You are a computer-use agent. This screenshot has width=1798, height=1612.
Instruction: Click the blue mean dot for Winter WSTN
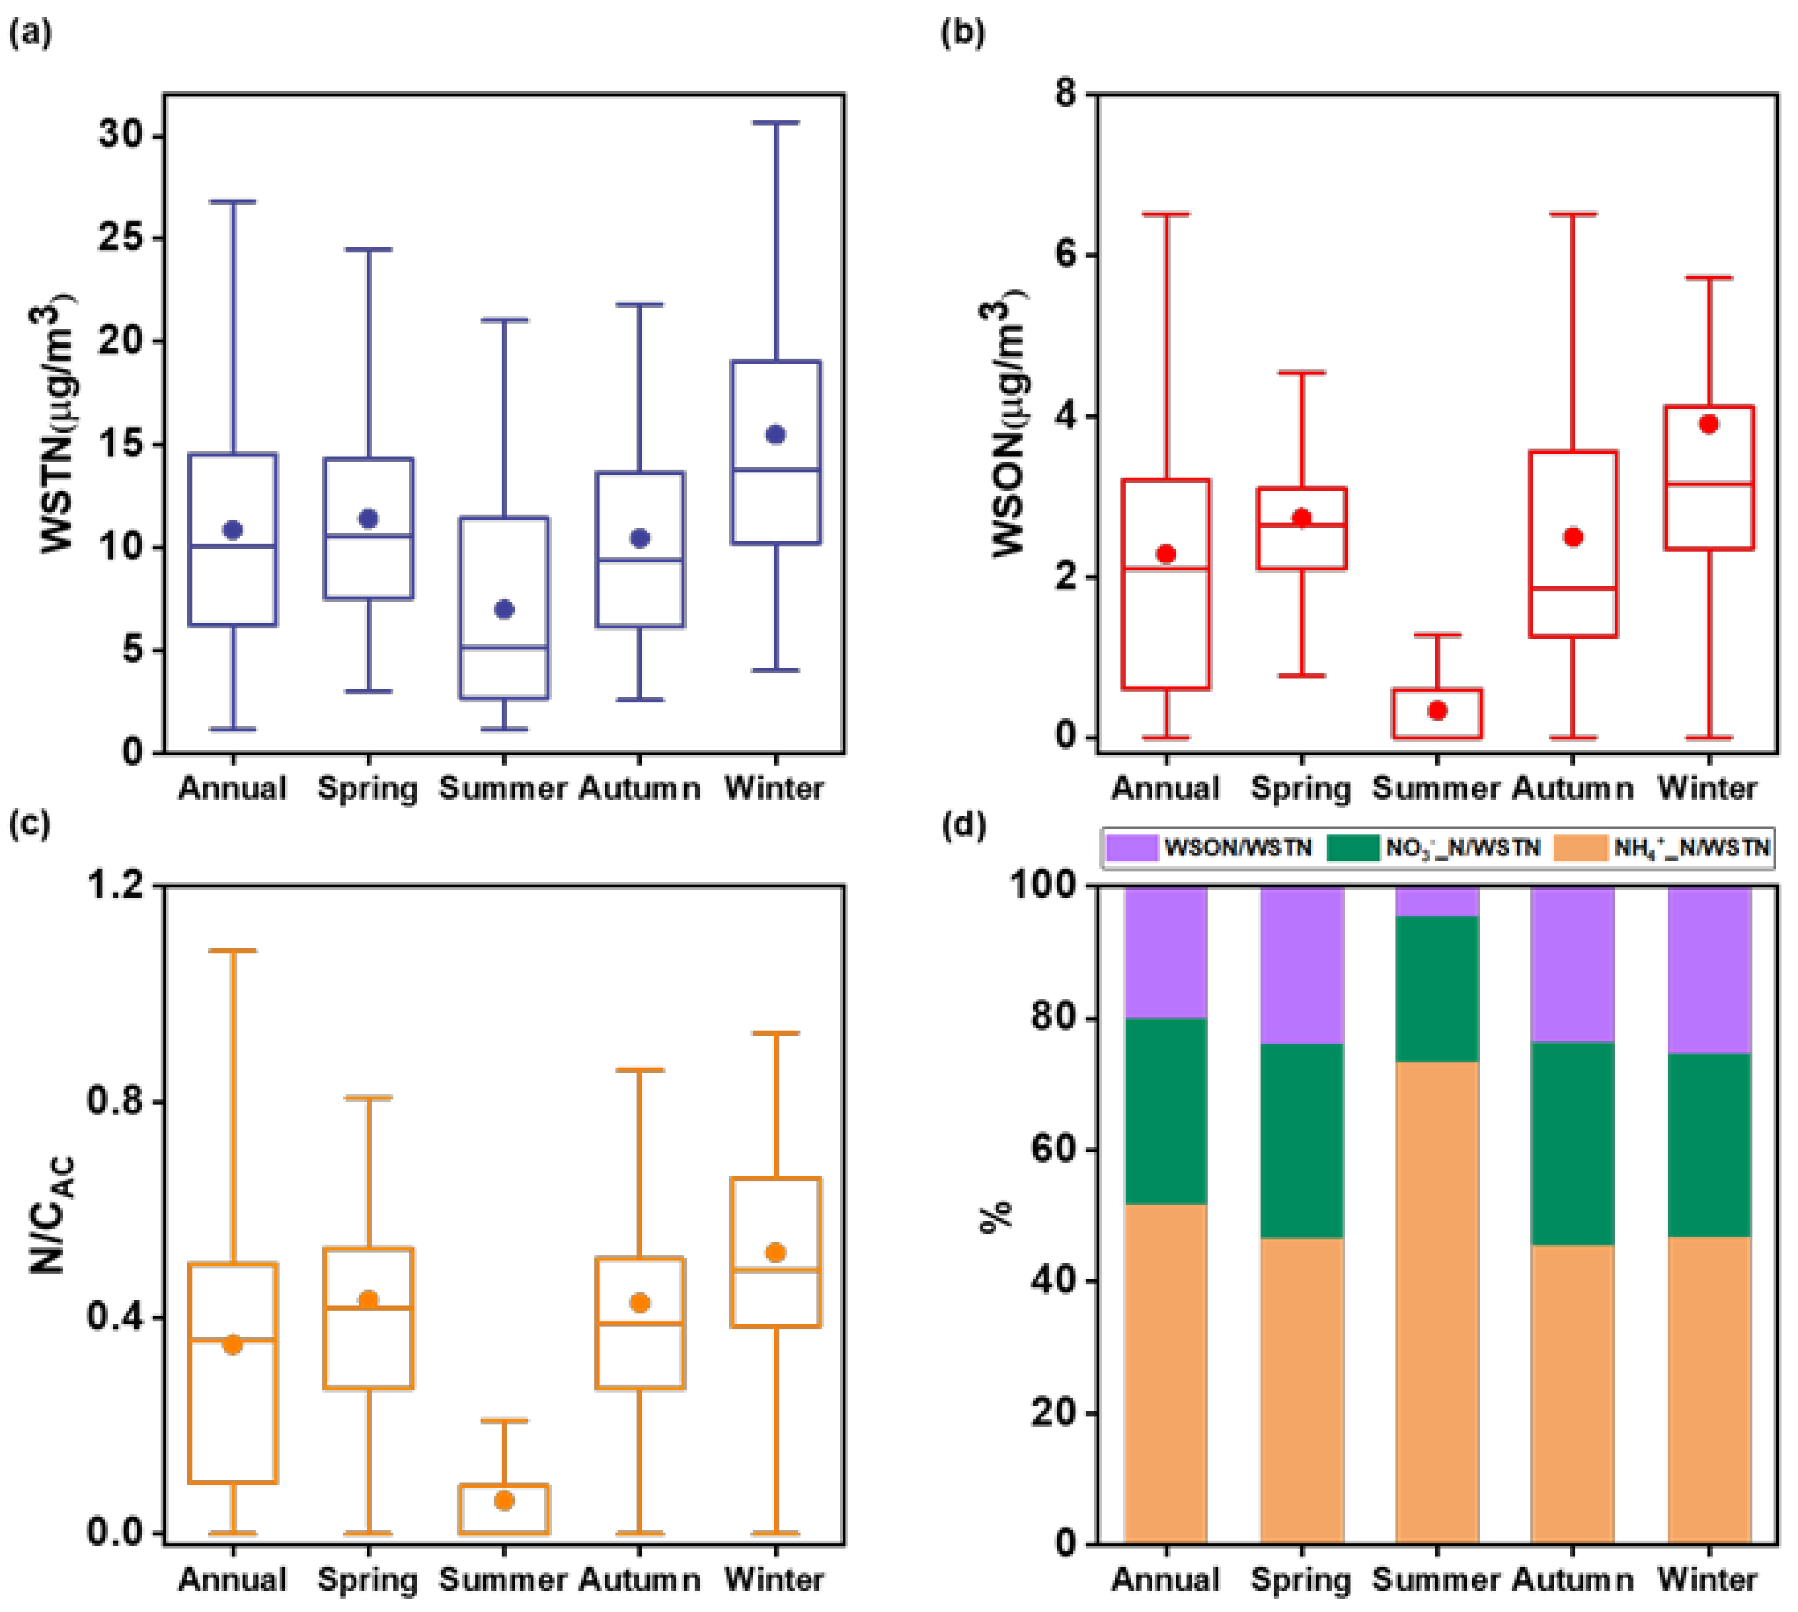(775, 434)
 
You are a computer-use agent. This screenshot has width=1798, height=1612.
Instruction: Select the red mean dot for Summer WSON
(1437, 710)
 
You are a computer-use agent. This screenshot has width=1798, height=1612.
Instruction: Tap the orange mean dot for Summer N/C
(503, 1500)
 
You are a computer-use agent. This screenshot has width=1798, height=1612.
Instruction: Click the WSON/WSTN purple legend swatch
(1132, 848)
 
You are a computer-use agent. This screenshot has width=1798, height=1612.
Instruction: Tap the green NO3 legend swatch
(1353, 848)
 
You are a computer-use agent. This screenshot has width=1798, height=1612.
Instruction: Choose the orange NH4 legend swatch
(1581, 848)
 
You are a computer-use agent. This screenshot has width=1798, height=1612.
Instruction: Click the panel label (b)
(962, 33)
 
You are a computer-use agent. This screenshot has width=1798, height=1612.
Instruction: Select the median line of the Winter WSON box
(1709, 484)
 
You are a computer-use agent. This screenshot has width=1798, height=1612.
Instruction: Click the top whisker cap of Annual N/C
(232, 951)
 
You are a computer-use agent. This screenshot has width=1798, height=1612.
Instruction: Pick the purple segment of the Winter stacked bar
(1709, 970)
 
